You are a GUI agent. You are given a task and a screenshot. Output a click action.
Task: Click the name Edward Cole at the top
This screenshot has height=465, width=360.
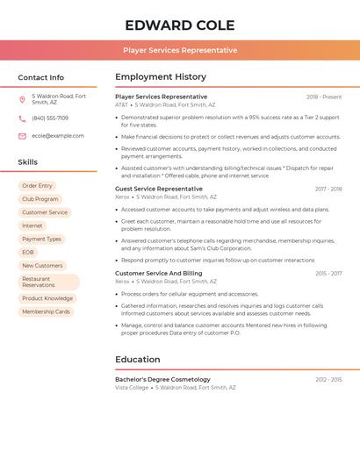click(x=179, y=25)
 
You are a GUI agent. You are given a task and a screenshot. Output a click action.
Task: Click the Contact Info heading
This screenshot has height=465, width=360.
click(x=40, y=77)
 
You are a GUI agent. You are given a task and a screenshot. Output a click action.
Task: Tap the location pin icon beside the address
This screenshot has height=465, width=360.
click(x=22, y=99)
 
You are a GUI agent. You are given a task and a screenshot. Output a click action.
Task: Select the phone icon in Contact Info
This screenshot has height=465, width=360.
click(x=22, y=118)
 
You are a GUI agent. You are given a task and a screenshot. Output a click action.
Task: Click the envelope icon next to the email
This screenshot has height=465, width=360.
click(x=22, y=136)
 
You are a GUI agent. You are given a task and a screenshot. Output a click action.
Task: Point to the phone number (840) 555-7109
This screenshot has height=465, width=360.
click(x=50, y=118)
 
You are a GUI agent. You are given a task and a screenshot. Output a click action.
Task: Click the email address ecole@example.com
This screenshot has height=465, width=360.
click(x=58, y=136)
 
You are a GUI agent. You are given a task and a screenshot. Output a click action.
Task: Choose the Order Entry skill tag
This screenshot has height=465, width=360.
click(x=37, y=186)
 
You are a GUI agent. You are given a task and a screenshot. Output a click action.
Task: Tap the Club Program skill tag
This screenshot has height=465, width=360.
click(x=40, y=199)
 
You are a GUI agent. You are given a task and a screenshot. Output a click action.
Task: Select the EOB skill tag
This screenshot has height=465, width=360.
click(x=28, y=253)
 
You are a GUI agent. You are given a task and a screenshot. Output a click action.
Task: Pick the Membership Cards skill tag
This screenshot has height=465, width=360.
click(x=46, y=311)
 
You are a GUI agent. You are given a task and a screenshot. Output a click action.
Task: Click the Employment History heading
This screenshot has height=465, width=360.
click(x=161, y=77)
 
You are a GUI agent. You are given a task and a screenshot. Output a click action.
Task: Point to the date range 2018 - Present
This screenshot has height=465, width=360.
click(x=324, y=97)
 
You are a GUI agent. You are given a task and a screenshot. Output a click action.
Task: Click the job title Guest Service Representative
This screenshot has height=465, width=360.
click(x=159, y=189)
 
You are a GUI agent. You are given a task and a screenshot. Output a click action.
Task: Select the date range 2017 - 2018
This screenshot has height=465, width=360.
click(x=328, y=189)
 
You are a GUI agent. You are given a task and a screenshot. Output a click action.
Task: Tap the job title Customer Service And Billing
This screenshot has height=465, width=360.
click(x=159, y=273)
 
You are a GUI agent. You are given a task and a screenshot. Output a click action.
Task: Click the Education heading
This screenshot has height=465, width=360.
click(x=138, y=359)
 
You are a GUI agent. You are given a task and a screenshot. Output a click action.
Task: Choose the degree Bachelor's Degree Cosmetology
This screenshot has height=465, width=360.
click(x=163, y=379)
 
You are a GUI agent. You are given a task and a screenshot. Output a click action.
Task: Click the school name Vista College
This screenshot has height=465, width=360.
click(x=132, y=387)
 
